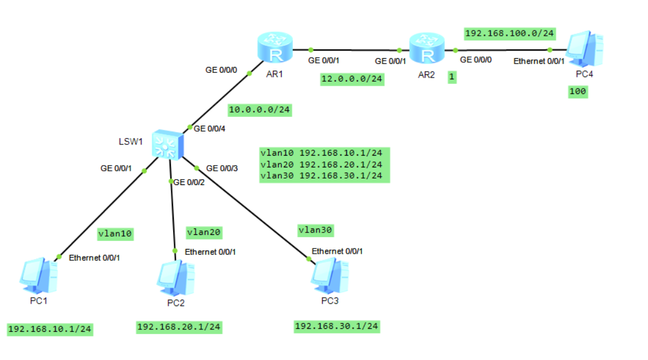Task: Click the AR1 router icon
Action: click(x=274, y=48)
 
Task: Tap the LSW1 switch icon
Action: click(x=168, y=144)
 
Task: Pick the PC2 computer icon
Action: click(x=176, y=278)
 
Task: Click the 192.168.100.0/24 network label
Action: click(x=509, y=33)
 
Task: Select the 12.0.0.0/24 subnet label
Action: click(x=352, y=79)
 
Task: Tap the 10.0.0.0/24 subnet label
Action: click(x=259, y=109)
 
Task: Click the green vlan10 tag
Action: click(x=116, y=234)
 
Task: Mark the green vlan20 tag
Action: click(x=204, y=233)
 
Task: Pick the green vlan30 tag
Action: click(x=315, y=230)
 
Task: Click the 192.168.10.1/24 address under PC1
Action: click(x=50, y=329)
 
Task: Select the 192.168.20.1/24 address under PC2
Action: click(x=179, y=327)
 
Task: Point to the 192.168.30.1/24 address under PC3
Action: click(x=336, y=326)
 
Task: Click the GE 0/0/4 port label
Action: click(x=210, y=128)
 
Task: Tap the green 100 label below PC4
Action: click(x=578, y=92)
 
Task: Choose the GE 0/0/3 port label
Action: click(x=222, y=169)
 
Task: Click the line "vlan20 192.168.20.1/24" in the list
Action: click(x=324, y=164)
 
